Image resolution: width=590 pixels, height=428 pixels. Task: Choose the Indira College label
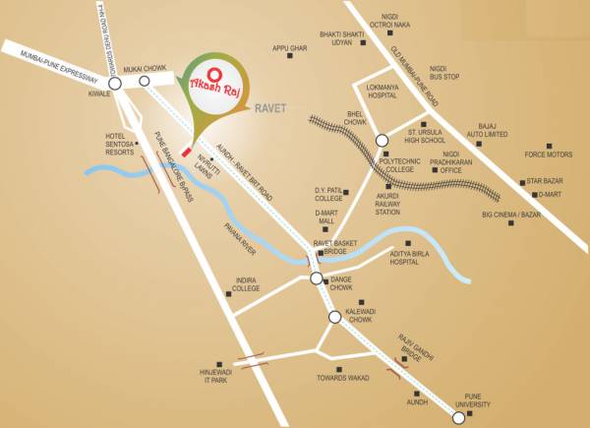[x=245, y=285]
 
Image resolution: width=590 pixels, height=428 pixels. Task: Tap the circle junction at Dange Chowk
[x=317, y=279]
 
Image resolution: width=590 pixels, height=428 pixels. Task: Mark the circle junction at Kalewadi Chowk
[x=335, y=317]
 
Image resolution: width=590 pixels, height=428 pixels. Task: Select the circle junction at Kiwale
[x=115, y=85]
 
